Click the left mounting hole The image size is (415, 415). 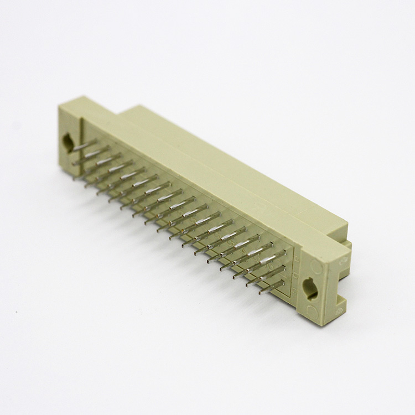coord(69,143)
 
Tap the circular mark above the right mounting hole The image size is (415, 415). coord(317,267)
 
